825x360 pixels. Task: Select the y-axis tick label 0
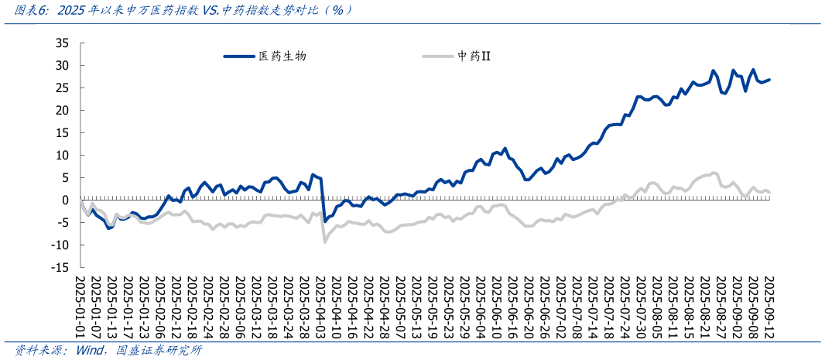coord(66,200)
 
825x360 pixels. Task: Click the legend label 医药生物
coord(288,57)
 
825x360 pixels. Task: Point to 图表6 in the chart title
coord(30,10)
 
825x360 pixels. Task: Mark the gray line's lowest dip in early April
coord(324,242)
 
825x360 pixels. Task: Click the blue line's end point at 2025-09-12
coord(769,80)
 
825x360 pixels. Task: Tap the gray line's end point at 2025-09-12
coord(769,192)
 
